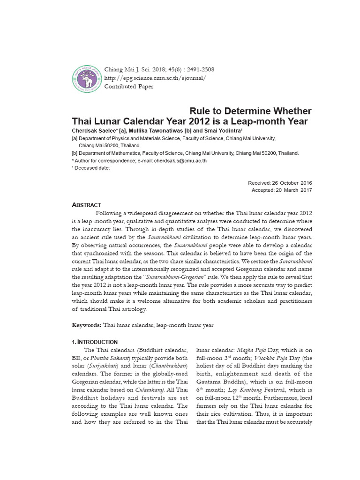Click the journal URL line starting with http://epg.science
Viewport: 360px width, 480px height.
155,78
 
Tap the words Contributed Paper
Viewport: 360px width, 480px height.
129,87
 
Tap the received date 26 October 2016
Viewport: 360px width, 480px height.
292,183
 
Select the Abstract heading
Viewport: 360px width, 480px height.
86,205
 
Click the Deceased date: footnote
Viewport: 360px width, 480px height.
92,168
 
